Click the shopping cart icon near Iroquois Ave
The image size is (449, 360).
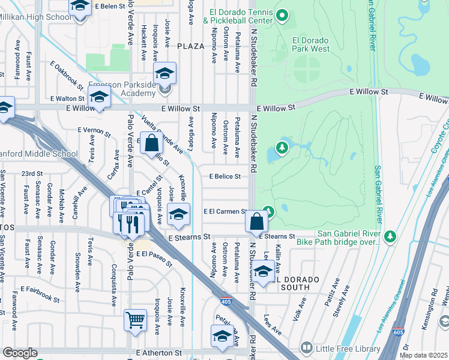(136, 320)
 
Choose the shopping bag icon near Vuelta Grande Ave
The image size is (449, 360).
(152, 143)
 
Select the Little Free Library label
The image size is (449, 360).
(344, 348)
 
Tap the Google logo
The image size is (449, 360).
(20, 353)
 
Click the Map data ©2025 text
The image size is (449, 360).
(424, 355)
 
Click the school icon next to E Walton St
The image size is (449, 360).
(99, 96)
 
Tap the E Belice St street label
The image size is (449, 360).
(224, 176)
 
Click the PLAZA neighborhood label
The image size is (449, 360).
(191, 46)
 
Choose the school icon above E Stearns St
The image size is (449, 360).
(178, 214)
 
